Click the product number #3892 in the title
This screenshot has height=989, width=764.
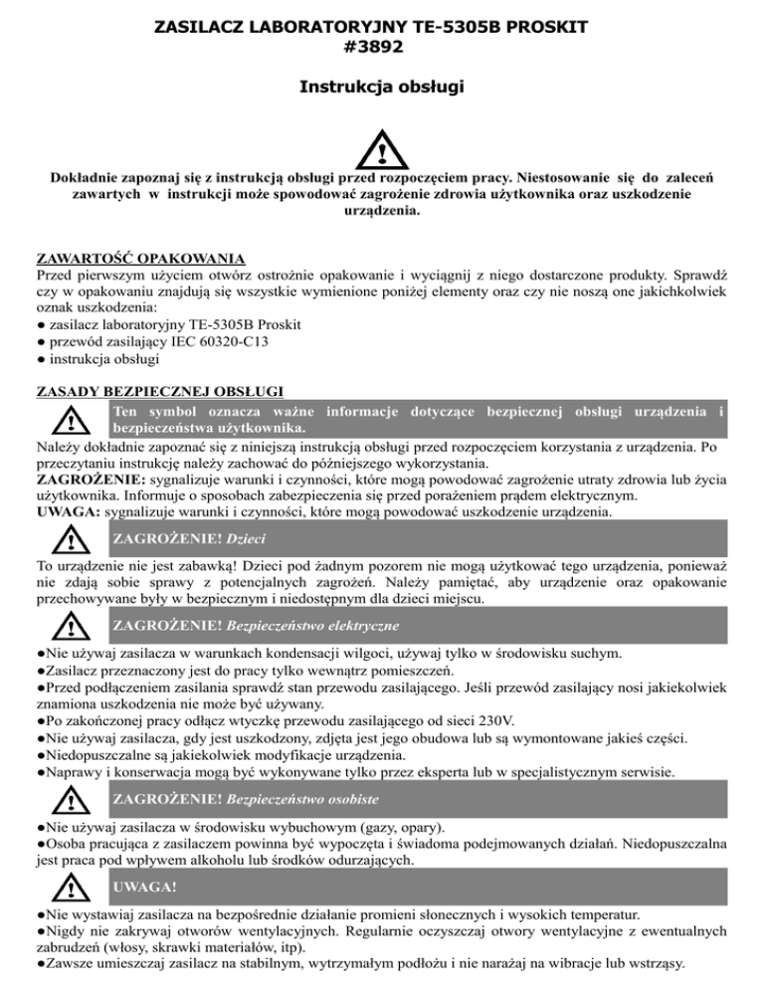pyautogui.click(x=382, y=44)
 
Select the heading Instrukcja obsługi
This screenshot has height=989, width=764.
pyautogui.click(x=382, y=88)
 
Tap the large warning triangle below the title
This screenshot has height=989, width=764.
pyautogui.click(x=382, y=150)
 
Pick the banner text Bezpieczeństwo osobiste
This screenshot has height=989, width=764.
pyautogui.click(x=302, y=799)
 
